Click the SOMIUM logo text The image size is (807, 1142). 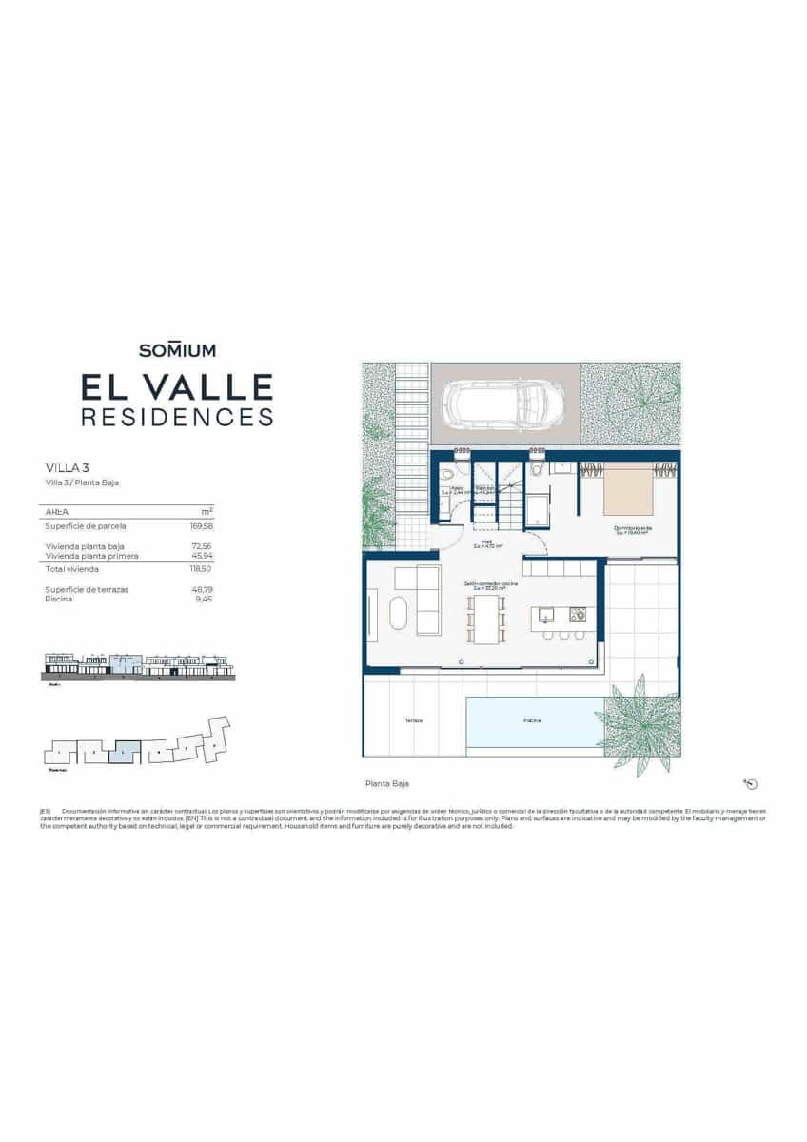(177, 350)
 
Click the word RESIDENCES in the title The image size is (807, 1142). (177, 417)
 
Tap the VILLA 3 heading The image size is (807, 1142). (68, 467)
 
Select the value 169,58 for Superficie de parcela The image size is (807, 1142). (202, 525)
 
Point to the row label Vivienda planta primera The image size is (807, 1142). (91, 556)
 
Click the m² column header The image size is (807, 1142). (207, 511)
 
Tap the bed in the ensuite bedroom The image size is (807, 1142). (628, 489)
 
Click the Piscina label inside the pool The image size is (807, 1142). (533, 720)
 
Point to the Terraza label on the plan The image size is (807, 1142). (413, 720)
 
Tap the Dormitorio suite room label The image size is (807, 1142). (632, 528)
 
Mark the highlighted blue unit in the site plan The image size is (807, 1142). (125, 752)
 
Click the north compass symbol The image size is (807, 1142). (752, 784)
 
